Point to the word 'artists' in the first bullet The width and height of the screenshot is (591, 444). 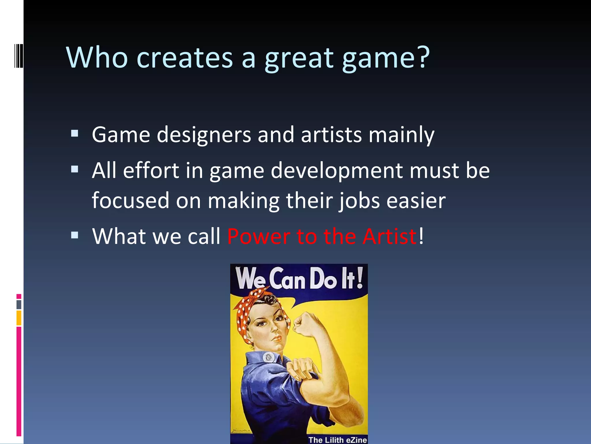[x=331, y=135]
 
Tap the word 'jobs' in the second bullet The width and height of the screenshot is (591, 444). [x=359, y=201]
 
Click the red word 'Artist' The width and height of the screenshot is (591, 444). [x=389, y=236]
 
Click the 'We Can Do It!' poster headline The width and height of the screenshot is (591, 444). [x=299, y=278]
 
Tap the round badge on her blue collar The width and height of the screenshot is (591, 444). [x=269, y=357]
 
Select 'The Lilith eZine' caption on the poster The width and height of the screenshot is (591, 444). [x=337, y=440]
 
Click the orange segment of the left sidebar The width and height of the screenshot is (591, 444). [x=19, y=318]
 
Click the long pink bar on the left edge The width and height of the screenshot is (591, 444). [x=19, y=382]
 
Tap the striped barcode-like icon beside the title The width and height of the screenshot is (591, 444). [x=19, y=55]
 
